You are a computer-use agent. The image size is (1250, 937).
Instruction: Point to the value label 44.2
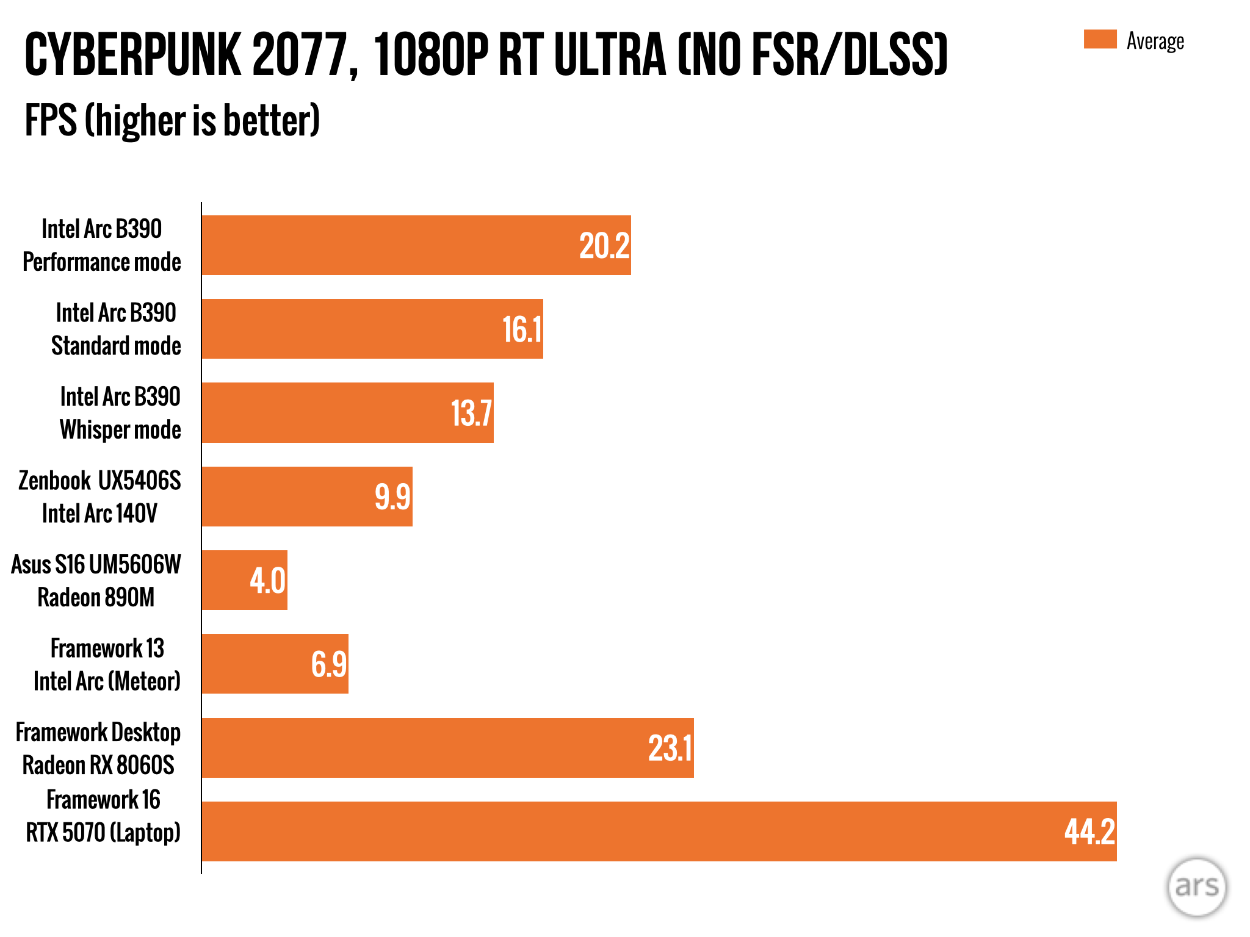click(x=1089, y=831)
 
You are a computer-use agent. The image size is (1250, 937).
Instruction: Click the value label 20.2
click(x=604, y=246)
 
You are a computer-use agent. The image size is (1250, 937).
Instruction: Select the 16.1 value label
click(x=522, y=329)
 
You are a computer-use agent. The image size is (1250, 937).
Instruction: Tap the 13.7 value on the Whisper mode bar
click(x=471, y=413)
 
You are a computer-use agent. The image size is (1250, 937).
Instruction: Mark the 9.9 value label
click(x=392, y=497)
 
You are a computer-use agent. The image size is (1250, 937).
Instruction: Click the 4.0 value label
click(x=267, y=580)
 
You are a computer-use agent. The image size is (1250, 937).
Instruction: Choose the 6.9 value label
click(x=329, y=664)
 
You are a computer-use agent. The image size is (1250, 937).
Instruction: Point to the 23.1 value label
click(x=670, y=749)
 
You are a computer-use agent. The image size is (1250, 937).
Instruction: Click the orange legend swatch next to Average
click(x=1100, y=39)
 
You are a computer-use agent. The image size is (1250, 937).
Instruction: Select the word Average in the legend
click(x=1155, y=41)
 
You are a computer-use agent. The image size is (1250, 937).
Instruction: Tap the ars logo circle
click(x=1196, y=886)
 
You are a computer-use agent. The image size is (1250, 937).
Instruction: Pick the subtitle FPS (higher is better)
click(x=172, y=120)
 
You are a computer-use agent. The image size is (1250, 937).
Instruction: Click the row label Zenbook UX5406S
click(x=99, y=481)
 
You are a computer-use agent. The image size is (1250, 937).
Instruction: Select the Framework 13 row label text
click(x=107, y=648)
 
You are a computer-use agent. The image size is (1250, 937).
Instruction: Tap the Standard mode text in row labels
click(x=116, y=346)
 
